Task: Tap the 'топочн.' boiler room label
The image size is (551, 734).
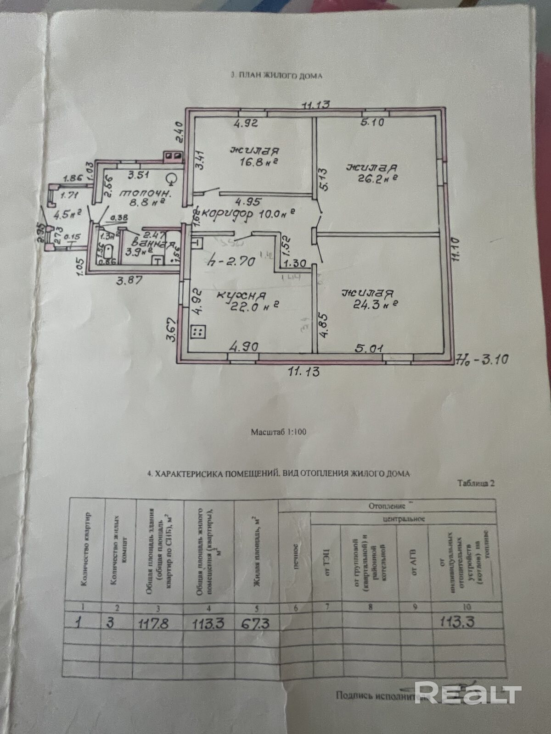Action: (145, 195)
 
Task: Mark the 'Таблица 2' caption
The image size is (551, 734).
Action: (476, 483)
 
